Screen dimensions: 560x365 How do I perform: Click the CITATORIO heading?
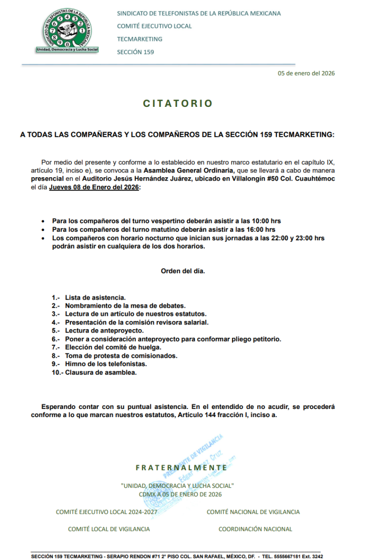(x=178, y=104)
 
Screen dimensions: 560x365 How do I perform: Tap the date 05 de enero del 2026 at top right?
(x=306, y=73)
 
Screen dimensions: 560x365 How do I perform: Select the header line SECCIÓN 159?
(x=135, y=52)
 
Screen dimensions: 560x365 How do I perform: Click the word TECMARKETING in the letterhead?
(x=140, y=39)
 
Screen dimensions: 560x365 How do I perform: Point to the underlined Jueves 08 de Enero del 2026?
(x=94, y=188)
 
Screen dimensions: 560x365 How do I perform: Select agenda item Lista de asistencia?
(x=95, y=297)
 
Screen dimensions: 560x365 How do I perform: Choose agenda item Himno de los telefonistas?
(x=106, y=364)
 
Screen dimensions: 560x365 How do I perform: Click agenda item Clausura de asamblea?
(x=101, y=372)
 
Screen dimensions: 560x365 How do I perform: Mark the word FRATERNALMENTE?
(x=181, y=467)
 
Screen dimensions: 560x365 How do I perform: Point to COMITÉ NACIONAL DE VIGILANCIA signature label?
(x=253, y=512)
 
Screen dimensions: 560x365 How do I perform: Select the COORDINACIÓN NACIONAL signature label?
(x=255, y=529)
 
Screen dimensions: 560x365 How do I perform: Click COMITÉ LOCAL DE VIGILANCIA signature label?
(x=109, y=529)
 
